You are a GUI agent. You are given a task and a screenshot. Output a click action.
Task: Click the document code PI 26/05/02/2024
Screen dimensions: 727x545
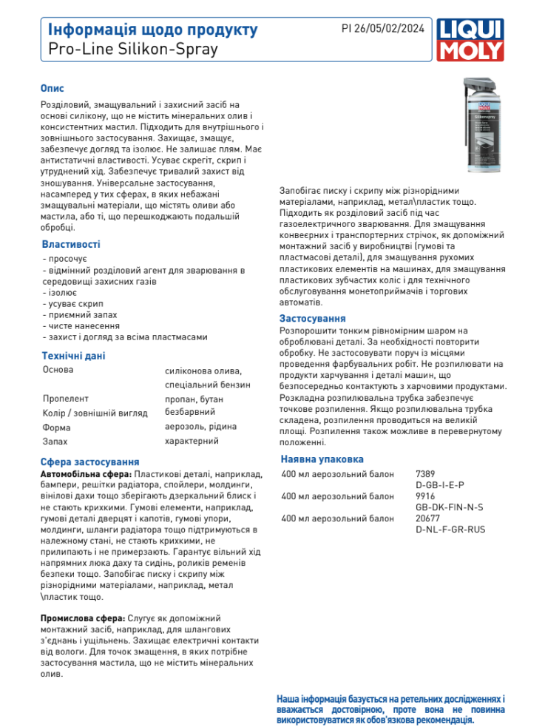pyautogui.click(x=382, y=29)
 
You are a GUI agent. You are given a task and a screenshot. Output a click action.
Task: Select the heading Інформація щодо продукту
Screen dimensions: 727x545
pyautogui.click(x=152, y=30)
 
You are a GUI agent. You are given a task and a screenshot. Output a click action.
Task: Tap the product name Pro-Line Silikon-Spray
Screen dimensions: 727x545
pyautogui.click(x=133, y=50)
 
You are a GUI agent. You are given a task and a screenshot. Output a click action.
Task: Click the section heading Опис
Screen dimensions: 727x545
pyautogui.click(x=53, y=88)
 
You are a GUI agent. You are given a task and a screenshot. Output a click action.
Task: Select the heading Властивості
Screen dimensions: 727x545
pyautogui.click(x=70, y=244)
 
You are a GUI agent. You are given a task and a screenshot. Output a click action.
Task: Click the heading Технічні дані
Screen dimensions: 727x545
pyautogui.click(x=73, y=356)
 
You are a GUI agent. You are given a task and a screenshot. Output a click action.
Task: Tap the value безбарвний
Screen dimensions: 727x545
pyautogui.click(x=190, y=412)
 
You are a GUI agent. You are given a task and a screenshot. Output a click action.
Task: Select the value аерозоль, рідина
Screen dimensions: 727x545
pyautogui.click(x=200, y=427)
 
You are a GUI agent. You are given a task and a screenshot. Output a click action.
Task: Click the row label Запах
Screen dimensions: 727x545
pyautogui.click(x=55, y=442)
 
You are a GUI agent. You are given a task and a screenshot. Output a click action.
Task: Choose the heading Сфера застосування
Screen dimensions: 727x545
pyautogui.click(x=89, y=461)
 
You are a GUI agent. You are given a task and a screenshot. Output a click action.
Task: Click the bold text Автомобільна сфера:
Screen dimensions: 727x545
pyautogui.click(x=86, y=473)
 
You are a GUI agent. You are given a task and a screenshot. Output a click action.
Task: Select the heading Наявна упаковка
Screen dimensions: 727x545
pyautogui.click(x=322, y=458)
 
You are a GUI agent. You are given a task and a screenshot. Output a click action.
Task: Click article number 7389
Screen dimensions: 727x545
pyautogui.click(x=425, y=473)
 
